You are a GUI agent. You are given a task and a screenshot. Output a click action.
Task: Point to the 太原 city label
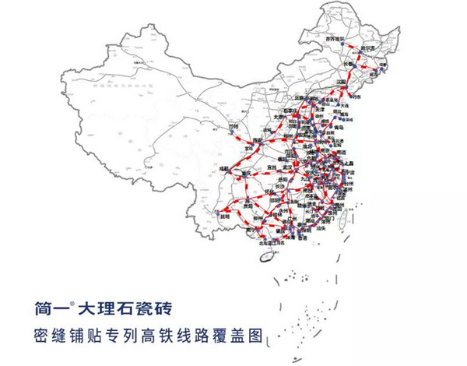[x=283, y=119]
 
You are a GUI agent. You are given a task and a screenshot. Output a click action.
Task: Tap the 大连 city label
[x=341, y=103]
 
